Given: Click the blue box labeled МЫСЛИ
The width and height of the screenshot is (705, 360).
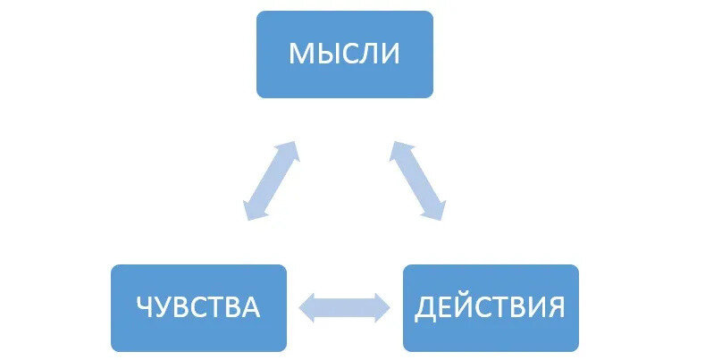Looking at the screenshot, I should (x=344, y=54).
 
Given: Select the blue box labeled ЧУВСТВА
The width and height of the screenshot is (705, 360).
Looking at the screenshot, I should (x=198, y=307).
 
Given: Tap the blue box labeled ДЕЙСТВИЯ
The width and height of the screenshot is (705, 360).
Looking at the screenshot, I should (x=491, y=307).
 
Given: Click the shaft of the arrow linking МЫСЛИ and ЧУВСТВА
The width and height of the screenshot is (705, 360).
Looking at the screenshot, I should (x=271, y=180).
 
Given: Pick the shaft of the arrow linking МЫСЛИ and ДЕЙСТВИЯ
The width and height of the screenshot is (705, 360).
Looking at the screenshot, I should (x=417, y=180).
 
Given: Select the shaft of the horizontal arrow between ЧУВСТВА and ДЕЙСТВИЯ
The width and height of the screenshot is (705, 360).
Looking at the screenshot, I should (x=344, y=308).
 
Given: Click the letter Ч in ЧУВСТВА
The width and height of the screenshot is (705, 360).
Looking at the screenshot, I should (x=145, y=308).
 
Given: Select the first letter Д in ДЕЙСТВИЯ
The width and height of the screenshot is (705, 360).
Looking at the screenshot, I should (x=424, y=308).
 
